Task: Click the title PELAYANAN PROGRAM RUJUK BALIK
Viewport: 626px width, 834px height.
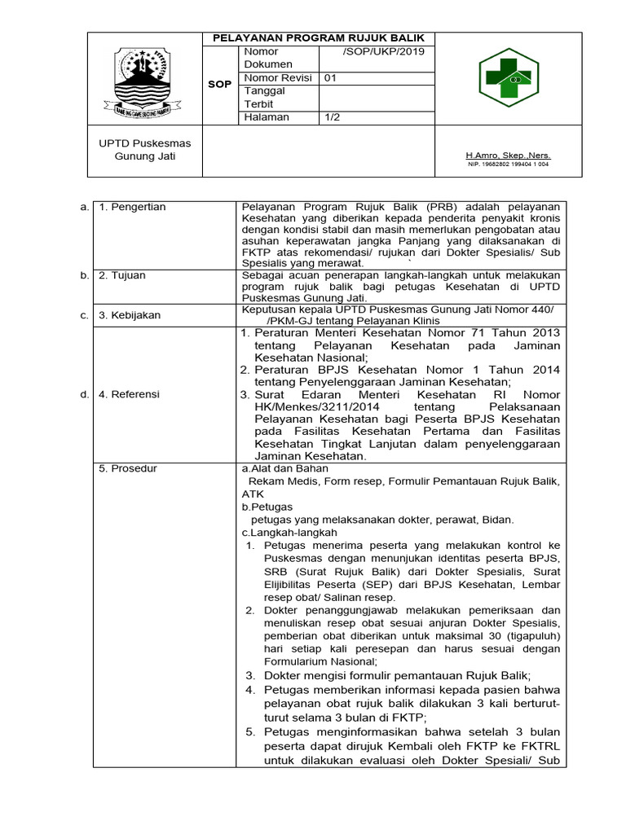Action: pyautogui.click(x=320, y=38)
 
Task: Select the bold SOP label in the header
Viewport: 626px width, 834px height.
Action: pyautogui.click(x=219, y=85)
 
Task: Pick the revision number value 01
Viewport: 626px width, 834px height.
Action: pyautogui.click(x=331, y=78)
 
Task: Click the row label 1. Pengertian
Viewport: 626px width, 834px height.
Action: pyautogui.click(x=132, y=207)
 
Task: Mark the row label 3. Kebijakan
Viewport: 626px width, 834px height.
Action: pyautogui.click(x=130, y=314)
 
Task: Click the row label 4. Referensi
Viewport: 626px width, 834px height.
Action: pyautogui.click(x=130, y=394)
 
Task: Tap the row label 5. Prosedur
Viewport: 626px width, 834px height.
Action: pyautogui.click(x=128, y=468)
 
